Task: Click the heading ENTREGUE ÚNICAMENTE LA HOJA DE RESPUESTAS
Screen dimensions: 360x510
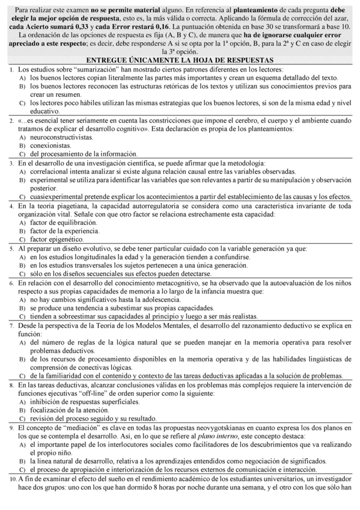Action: [x=180, y=60]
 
